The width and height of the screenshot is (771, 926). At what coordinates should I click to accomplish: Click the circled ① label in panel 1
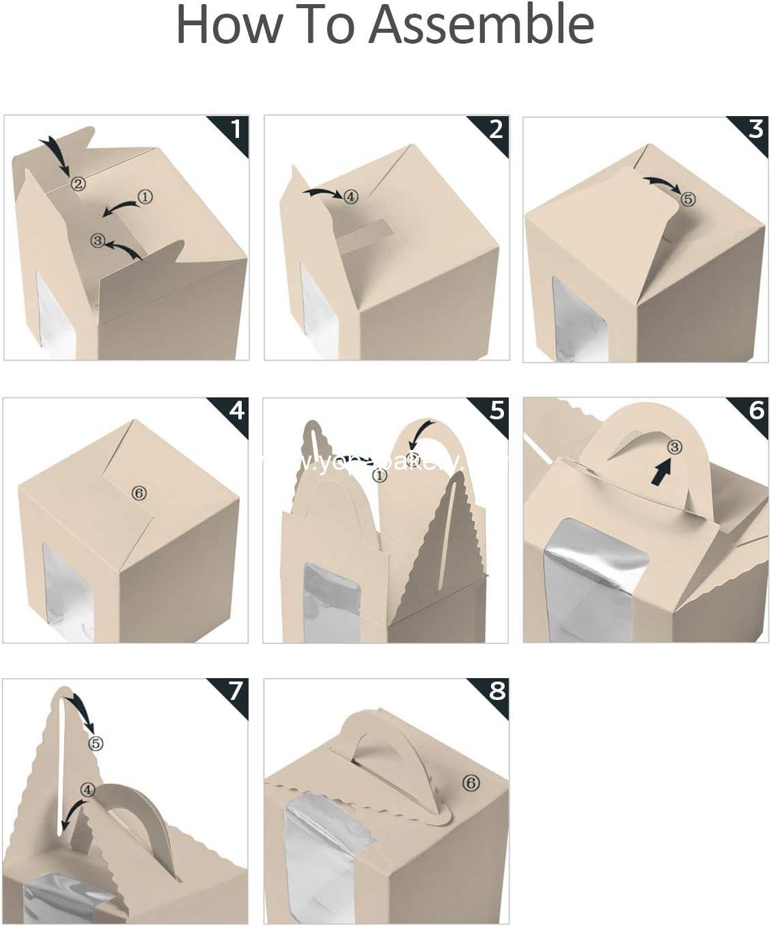point(145,197)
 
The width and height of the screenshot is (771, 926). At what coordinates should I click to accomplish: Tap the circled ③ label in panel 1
point(98,240)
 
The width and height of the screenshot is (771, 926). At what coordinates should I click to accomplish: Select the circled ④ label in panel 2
point(350,197)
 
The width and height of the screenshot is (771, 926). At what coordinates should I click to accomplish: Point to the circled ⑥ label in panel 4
point(139,493)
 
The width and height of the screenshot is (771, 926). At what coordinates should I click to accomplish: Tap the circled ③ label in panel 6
point(674,447)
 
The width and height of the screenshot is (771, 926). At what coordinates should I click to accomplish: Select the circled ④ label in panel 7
point(87,789)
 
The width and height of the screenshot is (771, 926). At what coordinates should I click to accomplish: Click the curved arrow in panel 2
point(322,193)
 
